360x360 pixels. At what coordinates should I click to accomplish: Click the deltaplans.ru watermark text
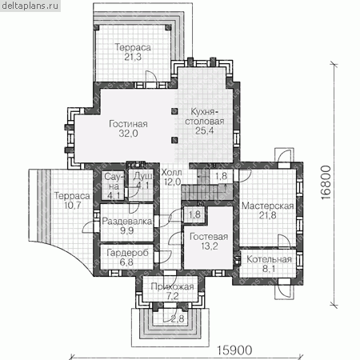[x=30, y=6]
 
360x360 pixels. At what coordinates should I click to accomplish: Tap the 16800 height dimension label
[x=326, y=182]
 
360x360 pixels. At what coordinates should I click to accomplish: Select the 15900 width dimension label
[x=234, y=350]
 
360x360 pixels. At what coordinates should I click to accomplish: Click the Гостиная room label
[x=128, y=124]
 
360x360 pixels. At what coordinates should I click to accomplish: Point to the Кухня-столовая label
[x=205, y=117]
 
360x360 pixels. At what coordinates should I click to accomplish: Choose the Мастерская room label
[x=268, y=206]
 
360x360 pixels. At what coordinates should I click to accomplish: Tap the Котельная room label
[x=269, y=259]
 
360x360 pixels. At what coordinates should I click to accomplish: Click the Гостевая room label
[x=209, y=237]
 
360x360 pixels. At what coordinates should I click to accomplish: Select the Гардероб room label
[x=127, y=253]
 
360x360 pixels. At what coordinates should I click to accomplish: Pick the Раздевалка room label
[x=127, y=222]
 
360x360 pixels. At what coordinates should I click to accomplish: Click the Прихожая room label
[x=172, y=286]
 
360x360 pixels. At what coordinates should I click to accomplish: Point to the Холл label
[x=171, y=173]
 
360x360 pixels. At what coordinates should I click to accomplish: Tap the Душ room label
[x=143, y=176]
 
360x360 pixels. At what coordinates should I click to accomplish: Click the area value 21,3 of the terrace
[x=133, y=57]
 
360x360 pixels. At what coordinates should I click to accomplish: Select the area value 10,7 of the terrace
[x=72, y=206]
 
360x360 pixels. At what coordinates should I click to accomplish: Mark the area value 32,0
[x=128, y=134]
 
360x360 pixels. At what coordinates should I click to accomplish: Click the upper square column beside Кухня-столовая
[x=174, y=111]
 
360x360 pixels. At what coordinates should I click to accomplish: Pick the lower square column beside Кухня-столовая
[x=174, y=140]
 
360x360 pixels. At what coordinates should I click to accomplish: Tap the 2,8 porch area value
[x=178, y=318]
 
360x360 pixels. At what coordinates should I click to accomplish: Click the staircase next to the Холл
[x=206, y=186]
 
